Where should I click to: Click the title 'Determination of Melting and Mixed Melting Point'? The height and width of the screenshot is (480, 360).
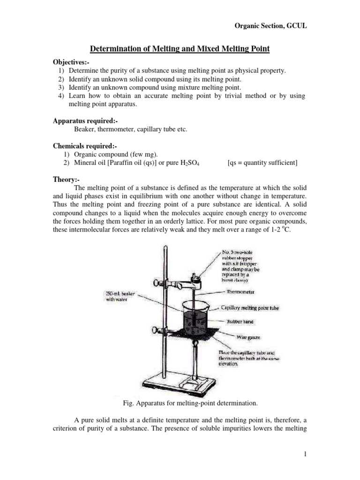tap(180, 49)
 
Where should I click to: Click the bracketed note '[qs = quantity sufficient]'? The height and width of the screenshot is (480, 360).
tap(262, 163)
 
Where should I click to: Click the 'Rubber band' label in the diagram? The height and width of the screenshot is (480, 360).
tap(240, 322)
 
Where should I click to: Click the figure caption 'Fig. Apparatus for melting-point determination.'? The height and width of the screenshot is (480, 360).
tap(180, 403)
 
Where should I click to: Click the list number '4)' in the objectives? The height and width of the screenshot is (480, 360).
tap(61, 96)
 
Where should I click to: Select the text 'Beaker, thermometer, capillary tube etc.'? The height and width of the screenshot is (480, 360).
tap(131, 129)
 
